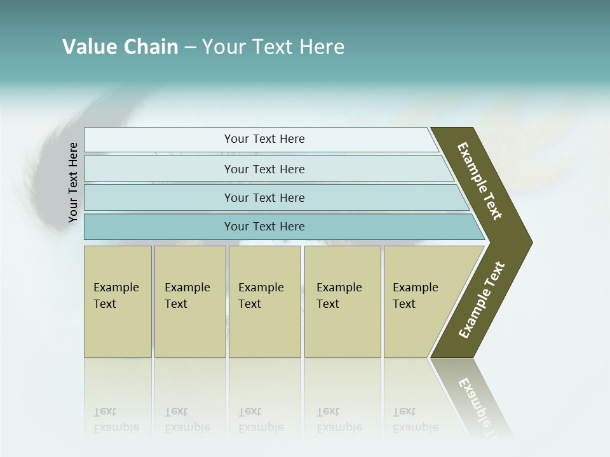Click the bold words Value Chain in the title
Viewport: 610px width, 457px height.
pyautogui.click(x=120, y=47)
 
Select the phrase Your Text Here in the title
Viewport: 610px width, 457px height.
pyautogui.click(x=273, y=47)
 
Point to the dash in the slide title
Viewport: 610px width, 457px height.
pyautogui.click(x=190, y=48)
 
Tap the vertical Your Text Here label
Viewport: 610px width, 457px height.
pyautogui.click(x=73, y=183)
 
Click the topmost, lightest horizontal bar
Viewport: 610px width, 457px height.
pyautogui.click(x=264, y=139)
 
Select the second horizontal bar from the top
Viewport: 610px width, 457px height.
pyautogui.click(x=264, y=169)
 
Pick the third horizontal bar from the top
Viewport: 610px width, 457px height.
pyautogui.click(x=264, y=197)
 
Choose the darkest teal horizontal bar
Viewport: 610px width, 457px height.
pyautogui.click(x=264, y=227)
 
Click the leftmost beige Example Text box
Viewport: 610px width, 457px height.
pyautogui.click(x=118, y=301)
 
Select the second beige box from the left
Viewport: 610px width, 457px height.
pyautogui.click(x=190, y=301)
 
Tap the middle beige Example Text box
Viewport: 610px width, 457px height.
pyautogui.click(x=264, y=301)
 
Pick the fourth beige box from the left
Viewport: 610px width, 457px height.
pyautogui.click(x=342, y=301)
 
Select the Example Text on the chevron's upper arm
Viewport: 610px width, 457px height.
pyautogui.click(x=480, y=181)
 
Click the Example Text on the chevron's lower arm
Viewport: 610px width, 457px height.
pyautogui.click(x=482, y=300)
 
